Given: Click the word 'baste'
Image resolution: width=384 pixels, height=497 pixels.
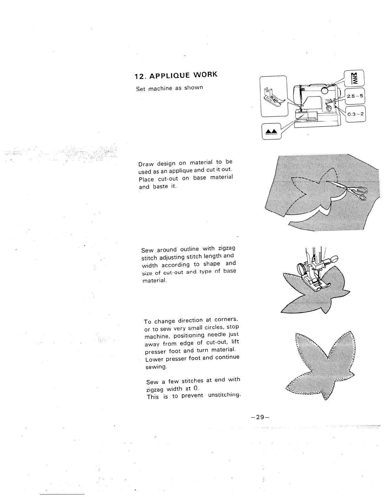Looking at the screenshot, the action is point(162,186).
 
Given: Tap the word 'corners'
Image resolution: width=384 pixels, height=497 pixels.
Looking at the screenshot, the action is point(227,319).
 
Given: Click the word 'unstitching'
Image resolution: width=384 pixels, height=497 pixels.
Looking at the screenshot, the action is point(224,395).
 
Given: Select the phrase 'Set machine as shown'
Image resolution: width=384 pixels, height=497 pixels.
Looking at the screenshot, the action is point(169,88).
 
